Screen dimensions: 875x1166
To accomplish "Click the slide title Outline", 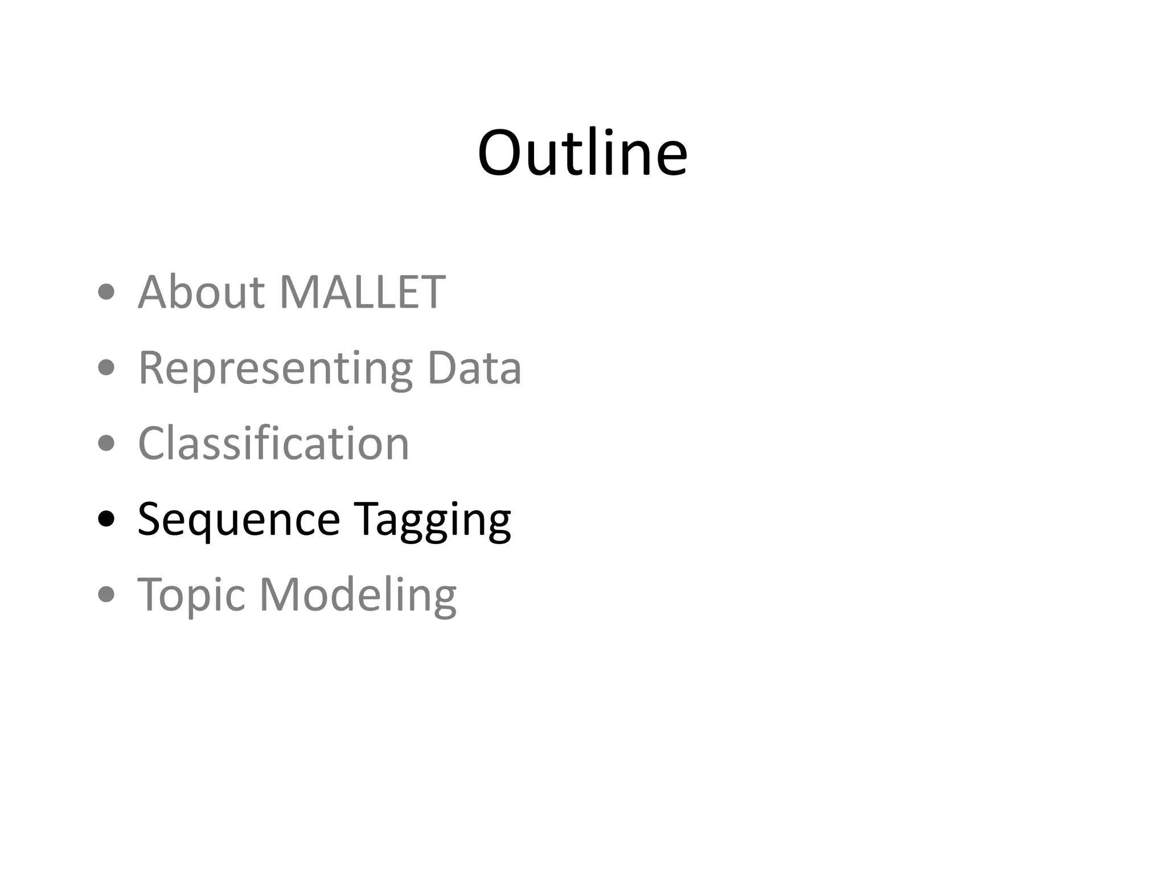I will click(x=582, y=153).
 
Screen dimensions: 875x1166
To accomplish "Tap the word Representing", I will click(x=275, y=369).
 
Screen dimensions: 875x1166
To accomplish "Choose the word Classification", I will click(x=273, y=443).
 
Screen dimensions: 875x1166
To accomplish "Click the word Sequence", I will click(x=239, y=520).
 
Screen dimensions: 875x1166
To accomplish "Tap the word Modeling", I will click(x=358, y=595).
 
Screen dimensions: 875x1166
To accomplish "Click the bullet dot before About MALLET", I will click(x=106, y=293).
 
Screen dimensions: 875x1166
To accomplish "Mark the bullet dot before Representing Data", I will click(x=106, y=368).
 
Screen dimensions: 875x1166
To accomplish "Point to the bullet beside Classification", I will click(x=106, y=443).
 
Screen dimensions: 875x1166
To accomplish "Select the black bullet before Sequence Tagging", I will click(x=106, y=519).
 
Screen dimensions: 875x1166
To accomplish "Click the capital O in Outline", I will click(x=500, y=153).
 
